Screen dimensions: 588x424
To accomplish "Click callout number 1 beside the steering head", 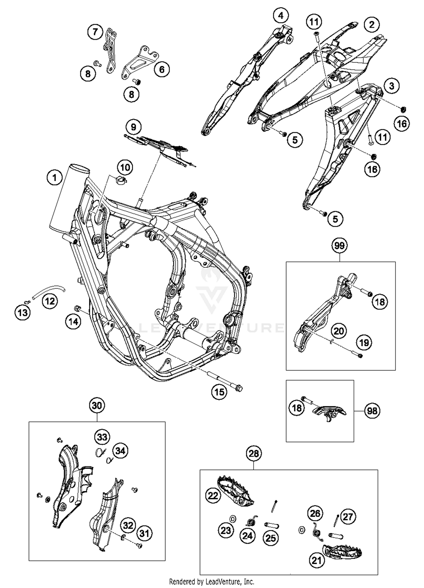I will click(55, 178).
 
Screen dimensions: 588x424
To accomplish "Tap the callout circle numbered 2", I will click(371, 25).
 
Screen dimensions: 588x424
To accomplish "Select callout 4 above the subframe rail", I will click(280, 16).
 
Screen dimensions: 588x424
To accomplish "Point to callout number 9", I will click(133, 127).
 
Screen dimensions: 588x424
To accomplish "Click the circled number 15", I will click(219, 392).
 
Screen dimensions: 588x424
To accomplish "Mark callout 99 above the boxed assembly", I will click(339, 245).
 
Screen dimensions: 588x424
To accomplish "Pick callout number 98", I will click(372, 411).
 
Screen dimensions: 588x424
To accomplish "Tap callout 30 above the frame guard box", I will click(97, 405).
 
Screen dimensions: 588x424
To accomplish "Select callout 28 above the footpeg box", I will click(254, 453).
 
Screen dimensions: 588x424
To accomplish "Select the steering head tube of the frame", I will click(69, 198).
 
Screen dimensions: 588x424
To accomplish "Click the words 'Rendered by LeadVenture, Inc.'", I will click(211, 581).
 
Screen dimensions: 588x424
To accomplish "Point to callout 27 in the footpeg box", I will click(348, 517).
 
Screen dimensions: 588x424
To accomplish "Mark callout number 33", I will click(102, 437).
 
